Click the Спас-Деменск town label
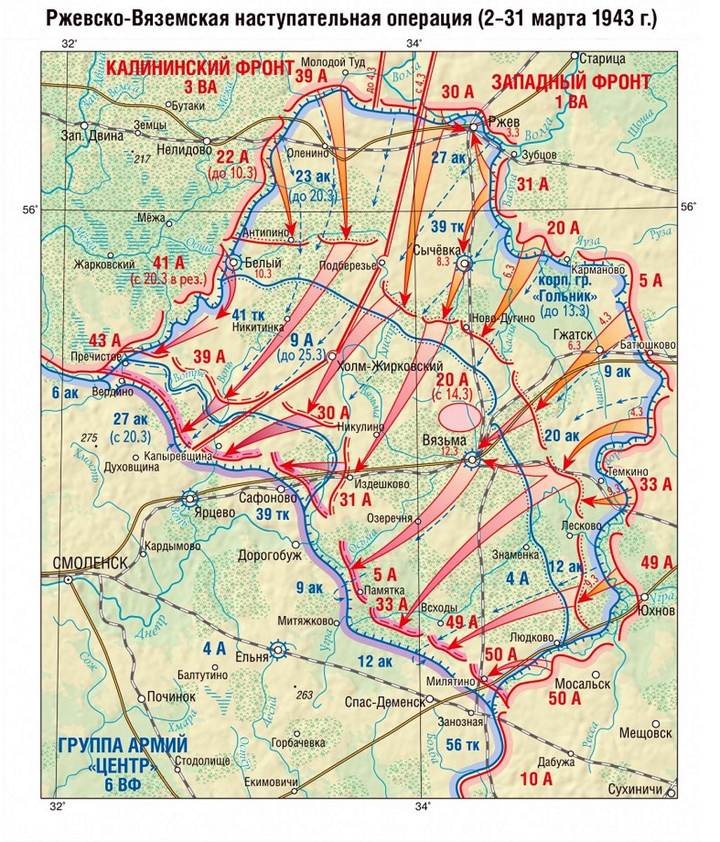pyautogui.click(x=385, y=700)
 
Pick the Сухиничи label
pyautogui.click(x=634, y=789)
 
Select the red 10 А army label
pyautogui.click(x=537, y=778)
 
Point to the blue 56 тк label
pyautogui.click(x=463, y=744)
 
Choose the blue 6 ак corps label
pyautogui.click(x=64, y=392)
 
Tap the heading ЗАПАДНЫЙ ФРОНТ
pyautogui.click(x=571, y=81)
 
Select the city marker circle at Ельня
pyautogui.click(x=279, y=650)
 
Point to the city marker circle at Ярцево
pyautogui.click(x=189, y=499)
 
